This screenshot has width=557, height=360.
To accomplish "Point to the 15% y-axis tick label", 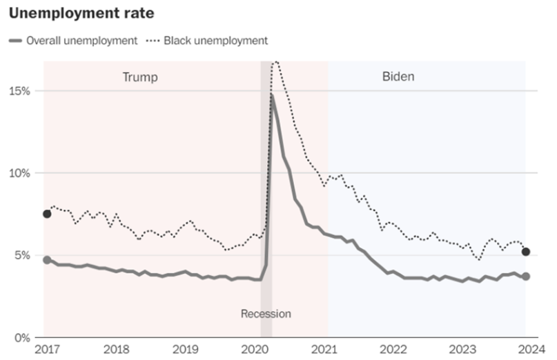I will (19, 91).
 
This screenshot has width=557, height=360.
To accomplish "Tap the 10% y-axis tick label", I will (19, 173).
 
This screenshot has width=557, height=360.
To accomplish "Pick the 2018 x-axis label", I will (116, 349).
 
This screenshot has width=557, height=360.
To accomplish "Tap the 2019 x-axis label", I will (186, 349).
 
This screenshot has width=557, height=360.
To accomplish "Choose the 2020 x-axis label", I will (256, 349).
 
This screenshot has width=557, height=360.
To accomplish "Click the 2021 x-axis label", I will (326, 349).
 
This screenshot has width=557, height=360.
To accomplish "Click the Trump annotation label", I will (139, 77).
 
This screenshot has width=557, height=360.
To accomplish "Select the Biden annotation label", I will (398, 77).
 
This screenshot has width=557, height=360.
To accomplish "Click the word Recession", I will (266, 314).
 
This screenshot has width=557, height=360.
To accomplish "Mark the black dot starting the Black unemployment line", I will (47, 214).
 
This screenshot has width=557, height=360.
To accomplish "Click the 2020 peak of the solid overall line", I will (272, 95).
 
